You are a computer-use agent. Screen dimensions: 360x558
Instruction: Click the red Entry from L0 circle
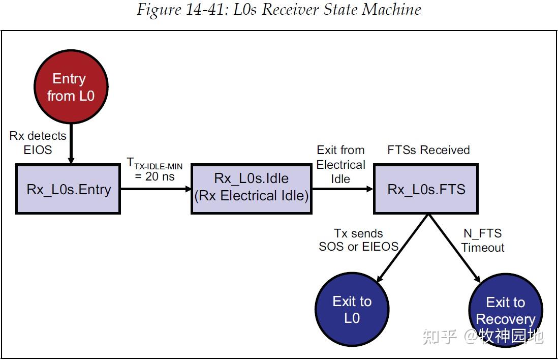pyautogui.click(x=71, y=87)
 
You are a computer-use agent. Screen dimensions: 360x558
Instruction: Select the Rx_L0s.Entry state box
pyautogui.click(x=68, y=189)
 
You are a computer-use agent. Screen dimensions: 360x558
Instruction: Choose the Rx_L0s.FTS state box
pyautogui.click(x=426, y=189)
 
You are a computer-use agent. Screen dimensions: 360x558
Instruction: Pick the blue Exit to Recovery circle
pyautogui.click(x=505, y=310)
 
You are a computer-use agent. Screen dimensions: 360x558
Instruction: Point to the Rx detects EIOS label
pyautogui.click(x=38, y=143)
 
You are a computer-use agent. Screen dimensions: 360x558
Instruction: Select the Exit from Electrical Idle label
pyautogui.click(x=340, y=164)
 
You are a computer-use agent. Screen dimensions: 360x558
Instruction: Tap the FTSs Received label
pyautogui.click(x=428, y=150)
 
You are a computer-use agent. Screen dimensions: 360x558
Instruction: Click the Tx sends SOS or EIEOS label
pyautogui.click(x=358, y=240)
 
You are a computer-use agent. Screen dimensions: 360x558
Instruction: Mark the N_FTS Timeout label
pyautogui.click(x=482, y=241)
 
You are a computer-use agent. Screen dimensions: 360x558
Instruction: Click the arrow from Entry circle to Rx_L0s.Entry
pyautogui.click(x=71, y=145)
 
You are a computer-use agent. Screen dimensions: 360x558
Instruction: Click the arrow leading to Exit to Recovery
pyautogui.click(x=453, y=248)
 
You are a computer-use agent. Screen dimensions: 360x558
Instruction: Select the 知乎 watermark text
pyautogui.click(x=440, y=336)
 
